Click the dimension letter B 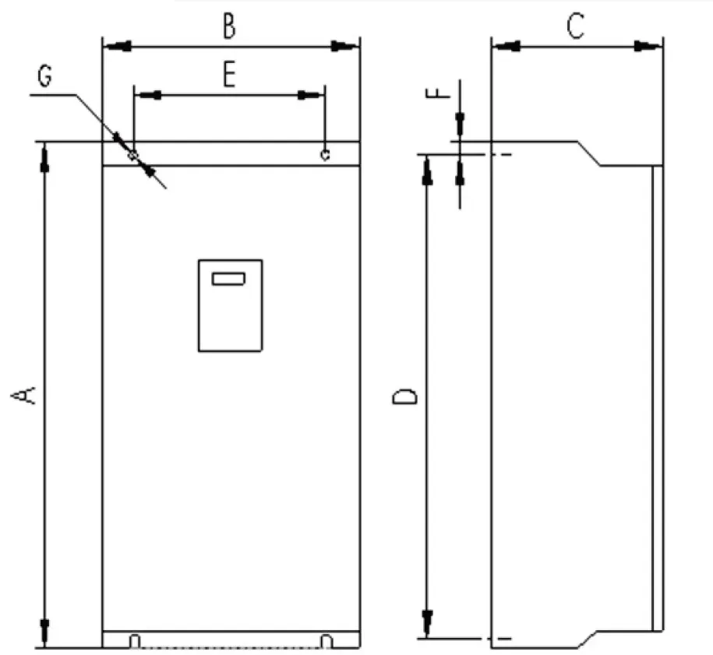coord(230,26)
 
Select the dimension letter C coord(576,26)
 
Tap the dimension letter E coord(230,75)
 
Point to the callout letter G coord(44,76)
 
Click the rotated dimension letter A coord(23,395)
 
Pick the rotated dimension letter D coord(404,396)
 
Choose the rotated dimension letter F coord(437,93)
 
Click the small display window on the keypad coord(229,279)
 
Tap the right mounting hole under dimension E coord(325,154)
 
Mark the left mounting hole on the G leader coord(132,155)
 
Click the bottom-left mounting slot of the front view coord(135,641)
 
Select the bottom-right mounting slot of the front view coord(327,641)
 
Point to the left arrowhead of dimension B coord(118,46)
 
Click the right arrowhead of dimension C coord(648,46)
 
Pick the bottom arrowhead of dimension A coord(44,632)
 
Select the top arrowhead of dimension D coord(427,171)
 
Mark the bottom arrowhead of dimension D coord(427,624)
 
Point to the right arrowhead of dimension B coord(344,46)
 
